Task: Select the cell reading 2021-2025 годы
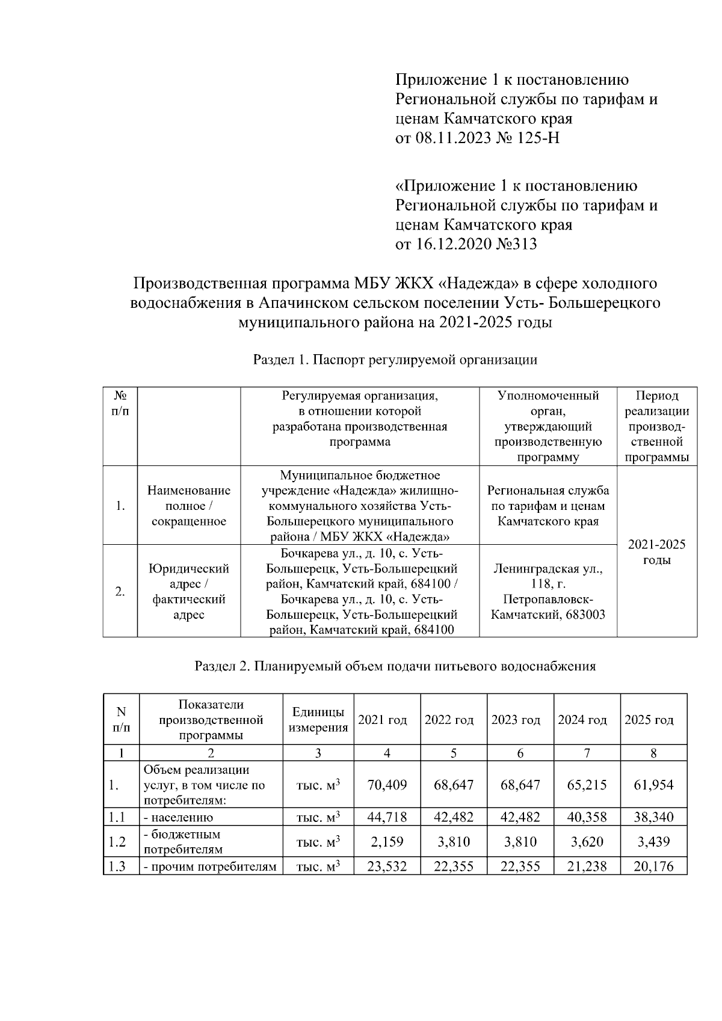656,552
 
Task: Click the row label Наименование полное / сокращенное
189,506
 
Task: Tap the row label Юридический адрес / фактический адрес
189,591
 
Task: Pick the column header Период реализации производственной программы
656,426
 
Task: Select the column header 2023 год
520,720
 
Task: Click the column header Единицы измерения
318,720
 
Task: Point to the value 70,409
387,785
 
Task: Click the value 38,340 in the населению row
653,817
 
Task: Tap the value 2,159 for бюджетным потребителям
387,842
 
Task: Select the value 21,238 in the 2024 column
587,866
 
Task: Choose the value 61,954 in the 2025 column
653,785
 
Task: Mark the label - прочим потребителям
210,866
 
